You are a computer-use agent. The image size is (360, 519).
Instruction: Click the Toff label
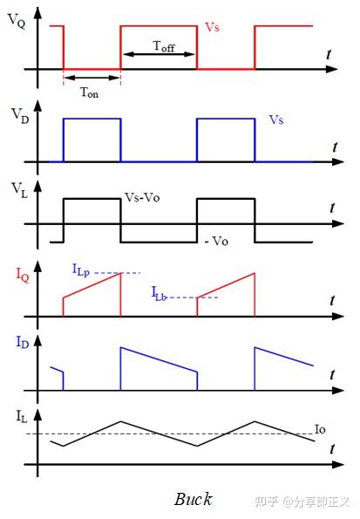164,46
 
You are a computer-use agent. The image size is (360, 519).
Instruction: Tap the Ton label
89,92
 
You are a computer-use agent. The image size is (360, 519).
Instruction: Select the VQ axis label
17,21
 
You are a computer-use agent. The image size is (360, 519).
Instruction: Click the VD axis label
20,116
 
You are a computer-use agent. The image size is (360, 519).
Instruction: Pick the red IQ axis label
23,275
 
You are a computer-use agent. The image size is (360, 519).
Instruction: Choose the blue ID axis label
23,342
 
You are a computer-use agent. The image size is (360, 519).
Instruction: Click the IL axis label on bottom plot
22,416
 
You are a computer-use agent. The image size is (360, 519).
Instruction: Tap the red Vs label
212,27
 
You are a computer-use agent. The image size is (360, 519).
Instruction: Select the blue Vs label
276,120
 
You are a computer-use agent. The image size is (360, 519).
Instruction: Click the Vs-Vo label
142,198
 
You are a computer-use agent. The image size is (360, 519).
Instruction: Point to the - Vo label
217,241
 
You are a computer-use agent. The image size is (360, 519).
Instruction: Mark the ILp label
81,270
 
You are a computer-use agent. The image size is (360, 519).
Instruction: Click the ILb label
159,294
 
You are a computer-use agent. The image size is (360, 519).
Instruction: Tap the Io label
320,429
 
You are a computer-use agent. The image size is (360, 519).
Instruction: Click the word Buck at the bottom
193,499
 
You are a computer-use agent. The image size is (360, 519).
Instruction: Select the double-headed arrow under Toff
159,54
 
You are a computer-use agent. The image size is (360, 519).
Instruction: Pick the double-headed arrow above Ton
92,79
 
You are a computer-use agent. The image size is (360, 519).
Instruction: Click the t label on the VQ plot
329,54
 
